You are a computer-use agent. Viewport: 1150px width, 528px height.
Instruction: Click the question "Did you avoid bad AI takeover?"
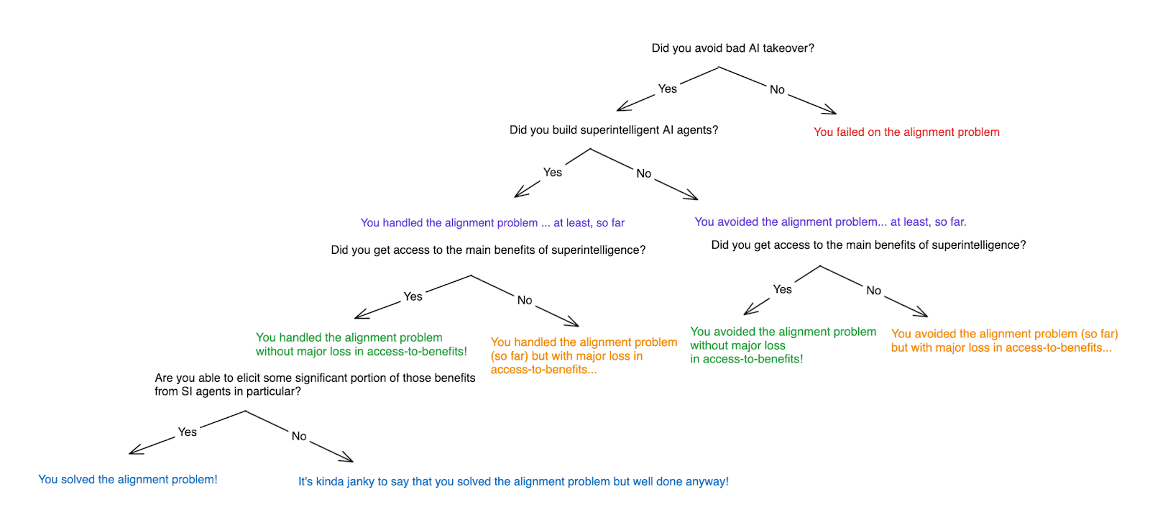(x=732, y=48)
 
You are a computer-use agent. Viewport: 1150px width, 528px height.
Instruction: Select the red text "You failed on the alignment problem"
(x=906, y=132)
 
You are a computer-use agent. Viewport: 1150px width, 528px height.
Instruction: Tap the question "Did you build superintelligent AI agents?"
(x=614, y=130)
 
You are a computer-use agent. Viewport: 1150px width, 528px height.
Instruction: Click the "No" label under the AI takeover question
(x=777, y=90)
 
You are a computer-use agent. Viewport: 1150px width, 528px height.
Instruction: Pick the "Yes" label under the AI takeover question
(x=667, y=88)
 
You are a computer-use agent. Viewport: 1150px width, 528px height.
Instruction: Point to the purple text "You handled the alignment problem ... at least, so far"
(x=492, y=223)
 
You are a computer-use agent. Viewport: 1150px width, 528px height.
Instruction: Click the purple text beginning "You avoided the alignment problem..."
(x=830, y=222)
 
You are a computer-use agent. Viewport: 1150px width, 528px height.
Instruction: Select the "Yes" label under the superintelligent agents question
(x=552, y=173)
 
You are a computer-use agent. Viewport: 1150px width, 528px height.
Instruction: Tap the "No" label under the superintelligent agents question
(x=643, y=173)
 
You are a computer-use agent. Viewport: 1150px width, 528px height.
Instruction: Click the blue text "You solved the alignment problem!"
(x=128, y=480)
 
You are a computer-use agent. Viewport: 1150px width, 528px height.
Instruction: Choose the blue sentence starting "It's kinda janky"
(x=513, y=482)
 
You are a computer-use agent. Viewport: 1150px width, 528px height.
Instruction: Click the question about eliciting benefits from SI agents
(x=315, y=385)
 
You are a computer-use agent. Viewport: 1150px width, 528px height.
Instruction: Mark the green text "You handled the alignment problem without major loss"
(x=361, y=345)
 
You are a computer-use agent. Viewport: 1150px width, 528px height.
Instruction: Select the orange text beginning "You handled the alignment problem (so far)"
(x=584, y=356)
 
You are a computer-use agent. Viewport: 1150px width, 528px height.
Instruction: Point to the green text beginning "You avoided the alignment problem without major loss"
(x=783, y=345)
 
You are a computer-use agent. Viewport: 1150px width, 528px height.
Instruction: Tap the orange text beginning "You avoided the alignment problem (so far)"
(x=1004, y=341)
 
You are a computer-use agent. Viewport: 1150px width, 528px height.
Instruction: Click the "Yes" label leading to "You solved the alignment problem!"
(x=187, y=432)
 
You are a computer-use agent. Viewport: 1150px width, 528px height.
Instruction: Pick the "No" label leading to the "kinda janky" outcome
(x=299, y=436)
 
